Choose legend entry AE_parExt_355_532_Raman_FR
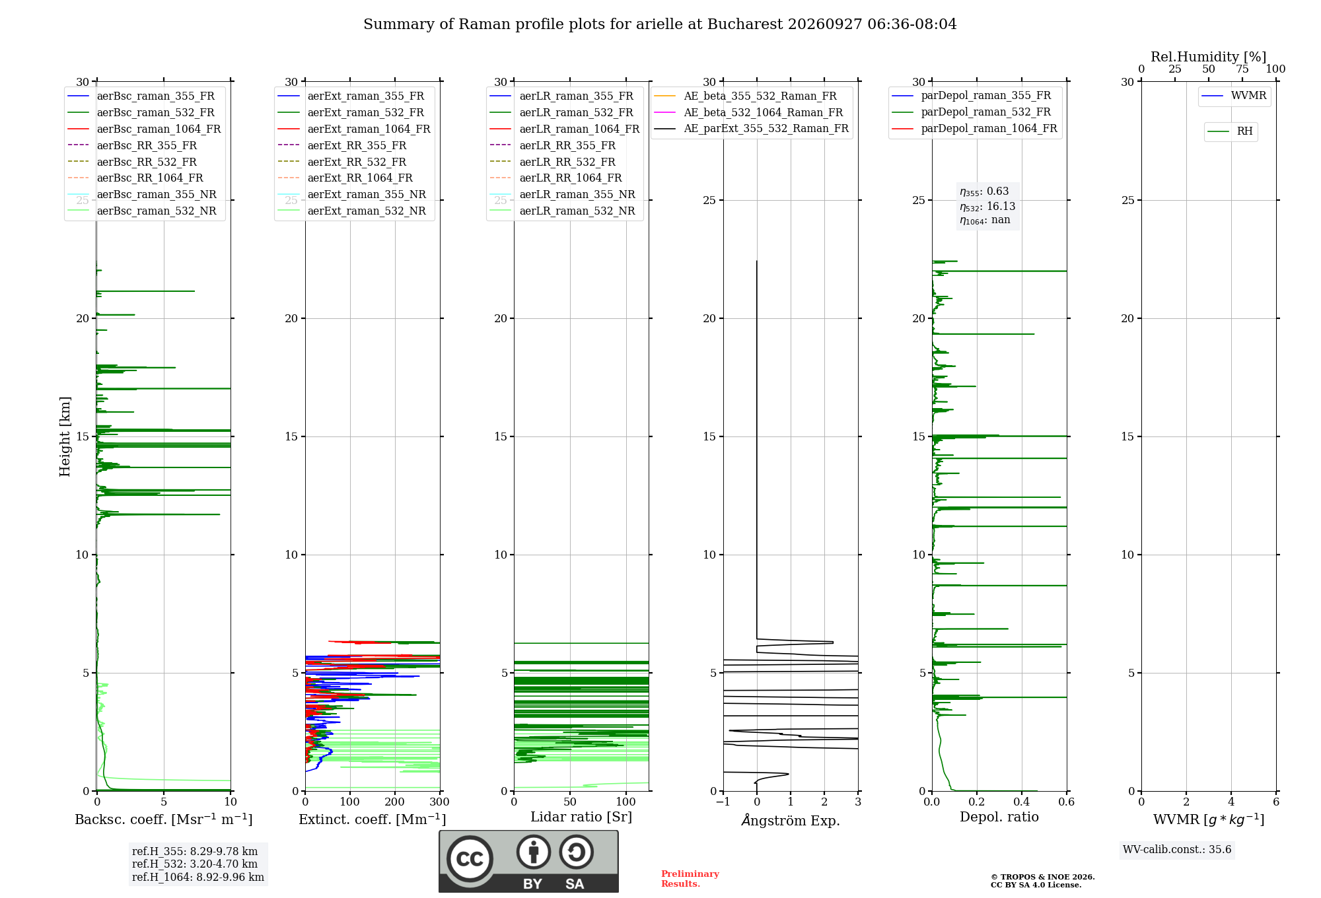(x=752, y=128)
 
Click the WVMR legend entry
(x=1234, y=96)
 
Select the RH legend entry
(x=1231, y=131)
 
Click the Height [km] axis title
(x=65, y=436)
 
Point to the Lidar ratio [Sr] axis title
(x=581, y=817)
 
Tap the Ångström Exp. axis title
(x=791, y=820)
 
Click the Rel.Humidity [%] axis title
(x=1209, y=57)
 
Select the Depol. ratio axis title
(x=999, y=817)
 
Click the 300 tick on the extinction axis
(x=439, y=802)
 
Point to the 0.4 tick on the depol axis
(x=1022, y=802)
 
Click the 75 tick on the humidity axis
(x=1242, y=69)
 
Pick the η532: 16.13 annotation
(x=987, y=207)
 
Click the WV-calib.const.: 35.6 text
(x=1177, y=850)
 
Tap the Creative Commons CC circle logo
(x=470, y=858)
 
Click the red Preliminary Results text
(x=690, y=879)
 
